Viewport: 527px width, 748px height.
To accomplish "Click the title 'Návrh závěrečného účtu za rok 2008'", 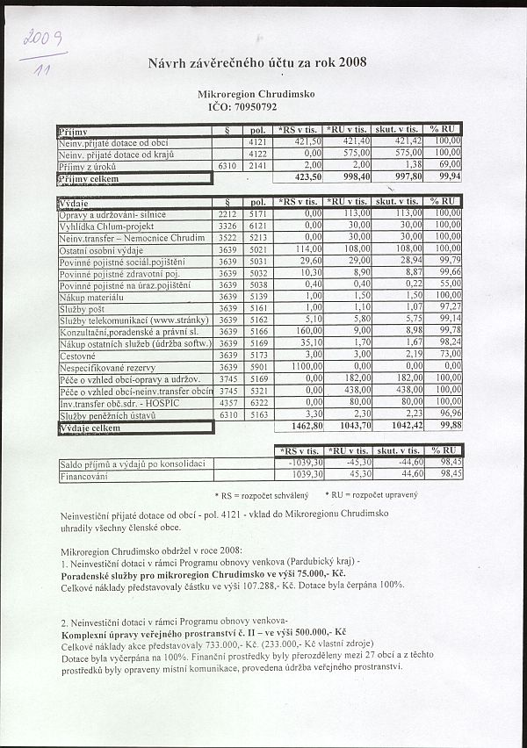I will [x=259, y=61].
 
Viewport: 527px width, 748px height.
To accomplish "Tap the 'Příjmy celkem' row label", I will [x=89, y=178].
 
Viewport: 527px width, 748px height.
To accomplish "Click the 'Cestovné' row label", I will [x=80, y=355].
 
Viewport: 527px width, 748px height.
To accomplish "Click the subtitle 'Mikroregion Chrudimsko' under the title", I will [x=257, y=93].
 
